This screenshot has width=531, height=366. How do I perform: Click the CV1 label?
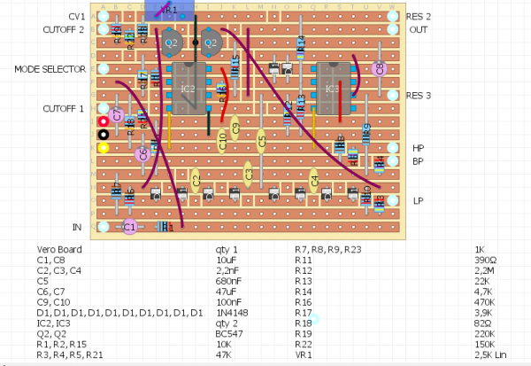[76, 17]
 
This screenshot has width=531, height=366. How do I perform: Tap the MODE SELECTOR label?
[50, 69]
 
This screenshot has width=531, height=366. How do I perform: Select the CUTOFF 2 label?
[64, 29]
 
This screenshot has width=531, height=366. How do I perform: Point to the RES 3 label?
[419, 96]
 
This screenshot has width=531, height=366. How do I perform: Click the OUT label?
[419, 29]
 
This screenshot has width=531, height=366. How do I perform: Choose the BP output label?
[418, 161]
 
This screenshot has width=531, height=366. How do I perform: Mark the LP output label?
[418, 201]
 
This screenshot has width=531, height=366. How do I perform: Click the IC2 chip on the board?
[188, 89]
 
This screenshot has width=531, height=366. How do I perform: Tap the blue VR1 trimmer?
[168, 9]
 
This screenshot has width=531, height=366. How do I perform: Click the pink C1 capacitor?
[129, 227]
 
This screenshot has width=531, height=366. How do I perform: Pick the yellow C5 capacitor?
[261, 139]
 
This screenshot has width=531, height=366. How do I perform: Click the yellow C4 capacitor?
[313, 180]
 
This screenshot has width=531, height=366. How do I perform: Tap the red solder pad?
[104, 121]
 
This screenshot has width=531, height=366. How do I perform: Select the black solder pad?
[104, 135]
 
